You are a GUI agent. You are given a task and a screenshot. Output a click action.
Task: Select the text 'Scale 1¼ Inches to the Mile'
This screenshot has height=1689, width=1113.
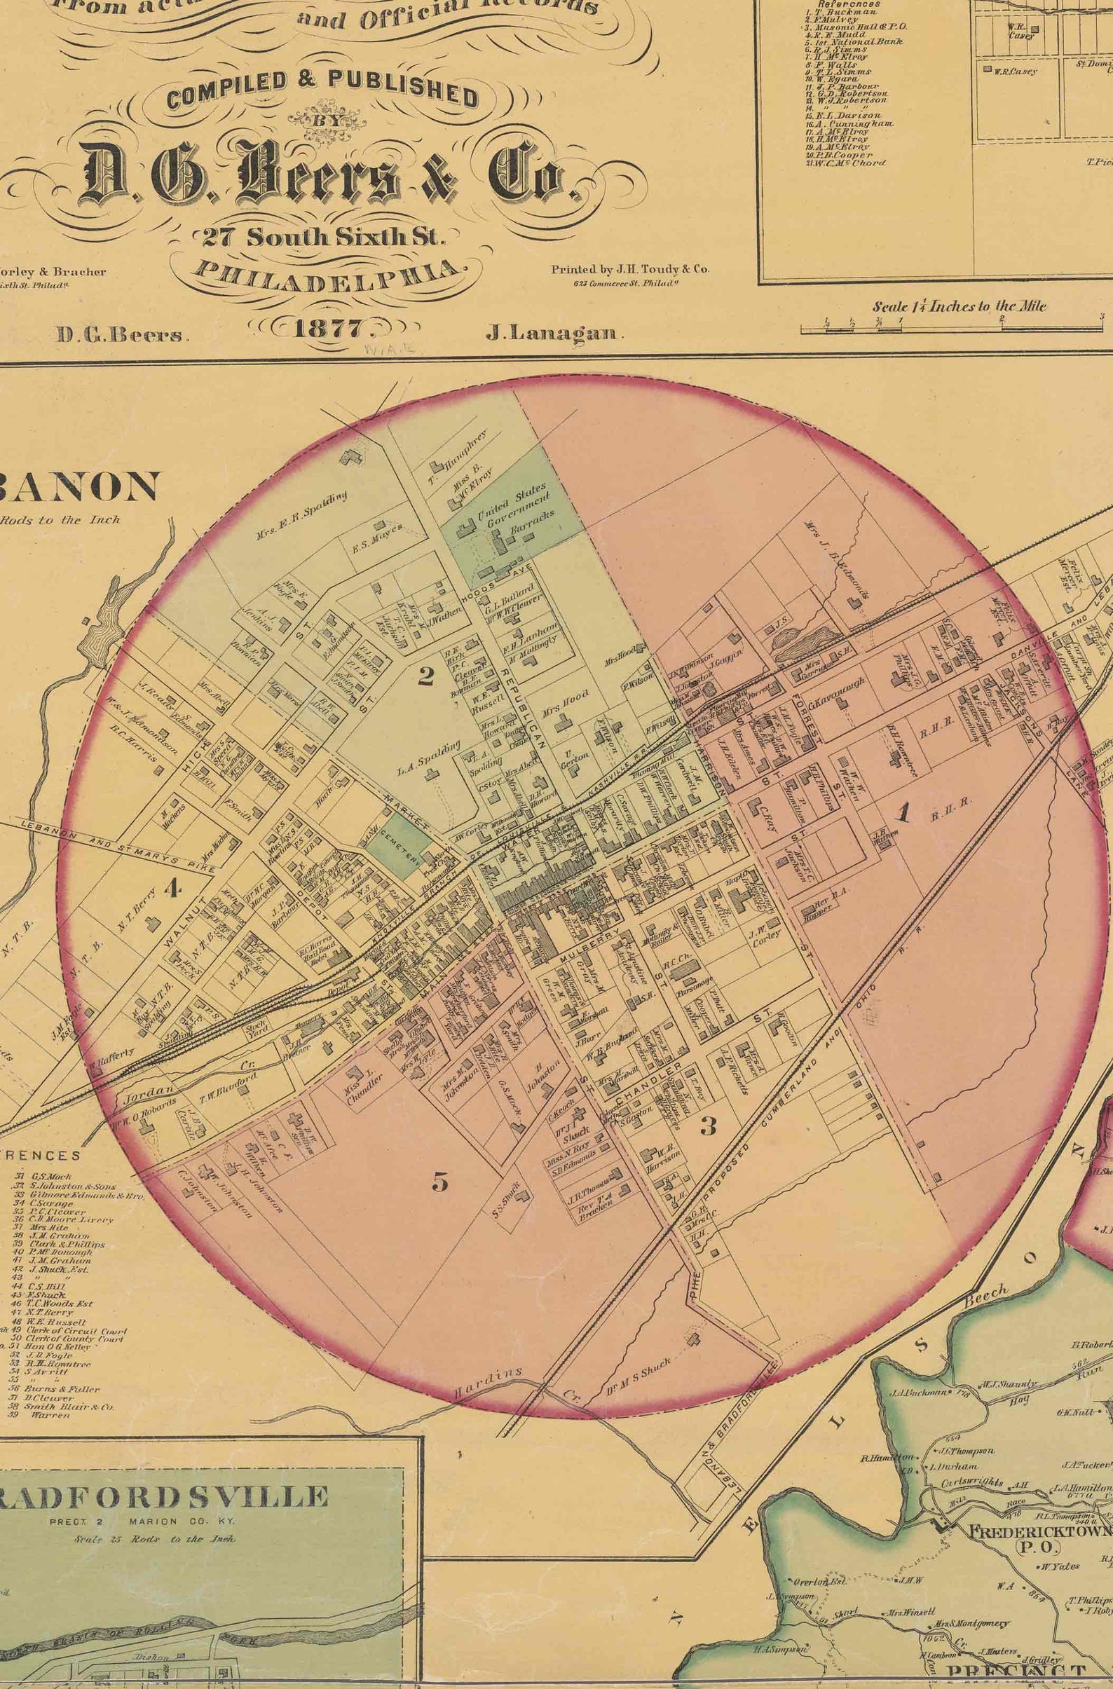(959, 306)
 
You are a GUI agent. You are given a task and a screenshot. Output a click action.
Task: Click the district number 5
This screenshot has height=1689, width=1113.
(440, 1182)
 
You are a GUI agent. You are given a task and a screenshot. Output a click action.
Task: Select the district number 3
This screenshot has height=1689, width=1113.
(707, 1126)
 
